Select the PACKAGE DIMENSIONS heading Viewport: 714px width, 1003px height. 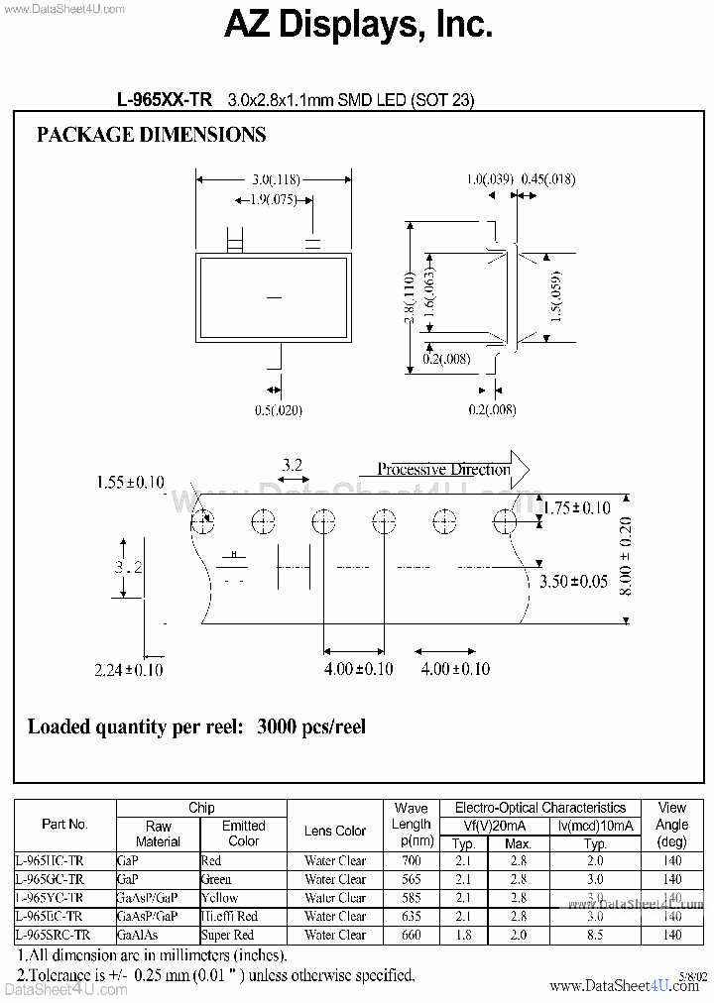pyautogui.click(x=151, y=136)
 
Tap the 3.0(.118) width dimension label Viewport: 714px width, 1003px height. pyautogui.click(x=275, y=180)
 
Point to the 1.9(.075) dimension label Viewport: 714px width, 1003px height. pyautogui.click(x=272, y=200)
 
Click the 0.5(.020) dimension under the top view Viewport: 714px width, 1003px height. pyautogui.click(x=279, y=410)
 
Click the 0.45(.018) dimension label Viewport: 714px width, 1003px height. pyautogui.click(x=547, y=179)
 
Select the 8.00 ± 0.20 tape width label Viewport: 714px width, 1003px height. pyautogui.click(x=625, y=555)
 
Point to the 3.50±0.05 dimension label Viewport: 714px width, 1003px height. pyautogui.click(x=573, y=582)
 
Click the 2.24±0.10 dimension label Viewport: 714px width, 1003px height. pyautogui.click(x=129, y=670)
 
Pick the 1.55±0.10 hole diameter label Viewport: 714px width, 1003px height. pyautogui.click(x=130, y=483)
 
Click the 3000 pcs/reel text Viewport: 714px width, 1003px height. pyautogui.click(x=311, y=726)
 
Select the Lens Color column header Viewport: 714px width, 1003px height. pyautogui.click(x=335, y=831)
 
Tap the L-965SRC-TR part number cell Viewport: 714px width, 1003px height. pyautogui.click(x=54, y=935)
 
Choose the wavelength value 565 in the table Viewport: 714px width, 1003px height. pyautogui.click(x=411, y=879)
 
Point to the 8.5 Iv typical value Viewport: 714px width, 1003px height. pyautogui.click(x=595, y=935)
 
